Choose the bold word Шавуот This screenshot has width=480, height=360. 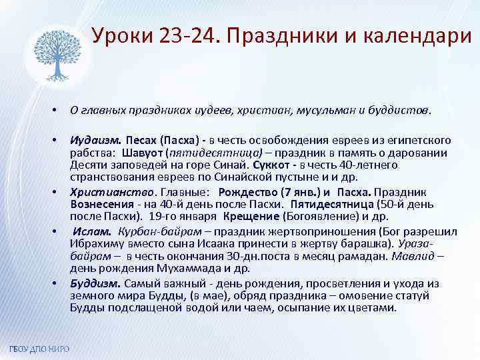pos(141,153)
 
